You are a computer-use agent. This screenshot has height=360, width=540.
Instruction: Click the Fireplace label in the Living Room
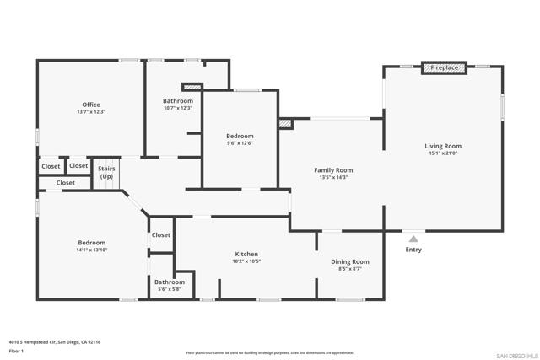point(445,67)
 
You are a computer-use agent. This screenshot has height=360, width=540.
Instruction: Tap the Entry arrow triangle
point(413,239)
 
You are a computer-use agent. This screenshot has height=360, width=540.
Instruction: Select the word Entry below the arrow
point(413,250)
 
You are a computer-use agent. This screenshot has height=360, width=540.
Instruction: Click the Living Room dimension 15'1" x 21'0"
point(443,153)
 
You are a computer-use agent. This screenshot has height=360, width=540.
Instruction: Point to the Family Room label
point(333,170)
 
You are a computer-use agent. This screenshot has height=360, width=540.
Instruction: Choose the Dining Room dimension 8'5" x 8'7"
point(349,269)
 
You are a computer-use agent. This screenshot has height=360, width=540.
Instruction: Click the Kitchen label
point(246,254)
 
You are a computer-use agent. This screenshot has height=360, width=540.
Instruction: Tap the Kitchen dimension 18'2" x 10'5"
point(246,261)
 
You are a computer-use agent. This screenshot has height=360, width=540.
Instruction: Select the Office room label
point(91,105)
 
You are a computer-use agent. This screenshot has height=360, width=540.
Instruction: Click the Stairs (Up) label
point(106,173)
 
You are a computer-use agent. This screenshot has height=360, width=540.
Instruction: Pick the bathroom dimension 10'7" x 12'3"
point(178,108)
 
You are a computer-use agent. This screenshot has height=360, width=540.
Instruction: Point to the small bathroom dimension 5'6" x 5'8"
point(170,289)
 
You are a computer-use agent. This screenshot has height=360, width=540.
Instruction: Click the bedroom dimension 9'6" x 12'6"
point(240,142)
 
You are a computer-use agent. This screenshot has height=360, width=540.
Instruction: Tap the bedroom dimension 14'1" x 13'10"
point(92,250)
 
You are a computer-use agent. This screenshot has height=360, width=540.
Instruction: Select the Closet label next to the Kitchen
point(161,235)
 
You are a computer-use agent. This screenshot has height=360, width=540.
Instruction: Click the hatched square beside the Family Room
point(285,124)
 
